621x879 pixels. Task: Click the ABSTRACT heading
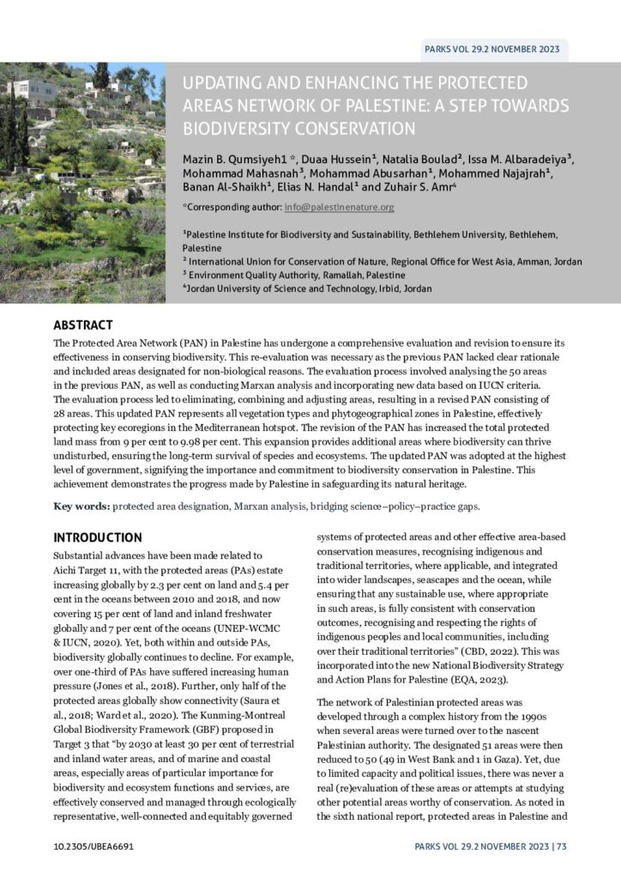pos(83,325)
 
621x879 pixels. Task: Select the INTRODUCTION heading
pos(98,537)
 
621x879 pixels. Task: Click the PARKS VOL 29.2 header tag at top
pos(491,49)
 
